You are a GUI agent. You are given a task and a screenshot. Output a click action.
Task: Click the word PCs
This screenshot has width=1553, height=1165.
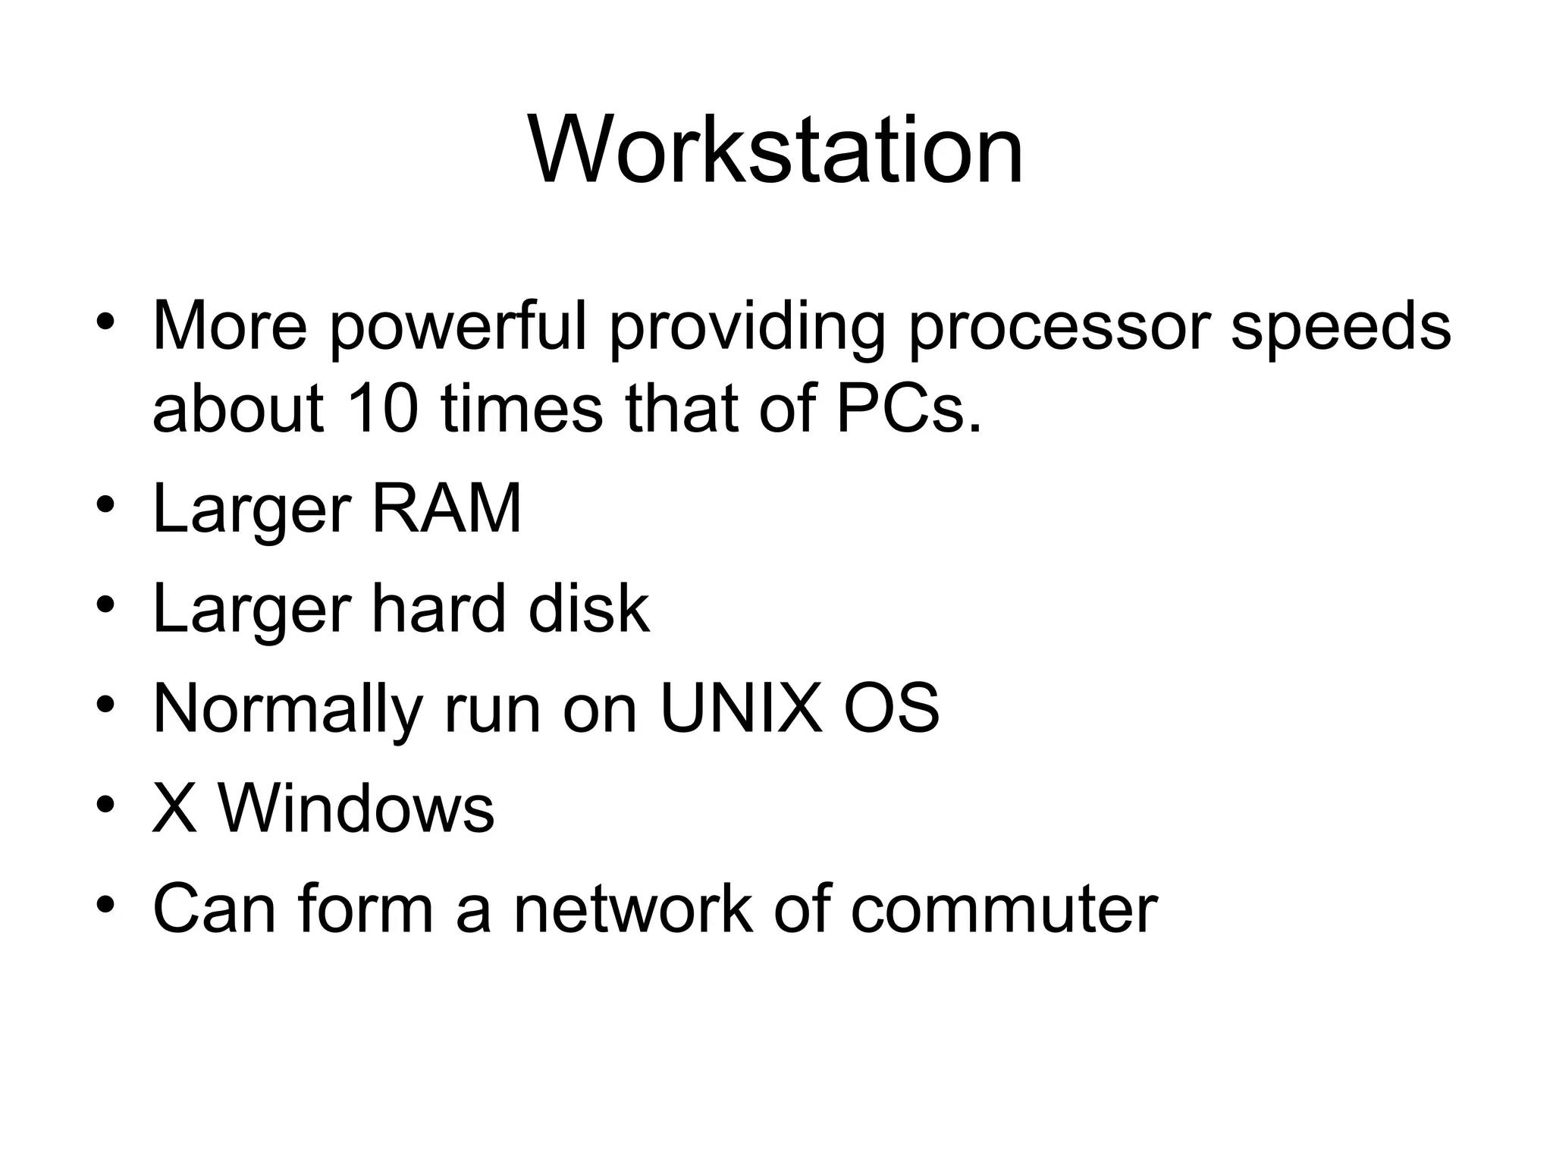(908, 410)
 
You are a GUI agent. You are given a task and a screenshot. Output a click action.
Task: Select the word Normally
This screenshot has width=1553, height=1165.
(287, 710)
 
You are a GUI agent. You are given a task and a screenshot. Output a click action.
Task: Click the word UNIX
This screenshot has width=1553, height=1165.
(741, 708)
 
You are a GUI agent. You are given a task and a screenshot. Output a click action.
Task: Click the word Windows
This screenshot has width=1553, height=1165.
(356, 809)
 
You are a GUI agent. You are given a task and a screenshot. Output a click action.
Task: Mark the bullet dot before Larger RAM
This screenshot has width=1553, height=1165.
(105, 504)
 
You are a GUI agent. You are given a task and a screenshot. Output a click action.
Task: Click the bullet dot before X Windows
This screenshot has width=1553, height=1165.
(105, 804)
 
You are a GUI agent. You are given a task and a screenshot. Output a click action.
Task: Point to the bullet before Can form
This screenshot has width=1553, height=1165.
(105, 904)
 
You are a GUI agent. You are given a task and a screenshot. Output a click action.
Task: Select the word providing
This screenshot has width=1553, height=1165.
(746, 328)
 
